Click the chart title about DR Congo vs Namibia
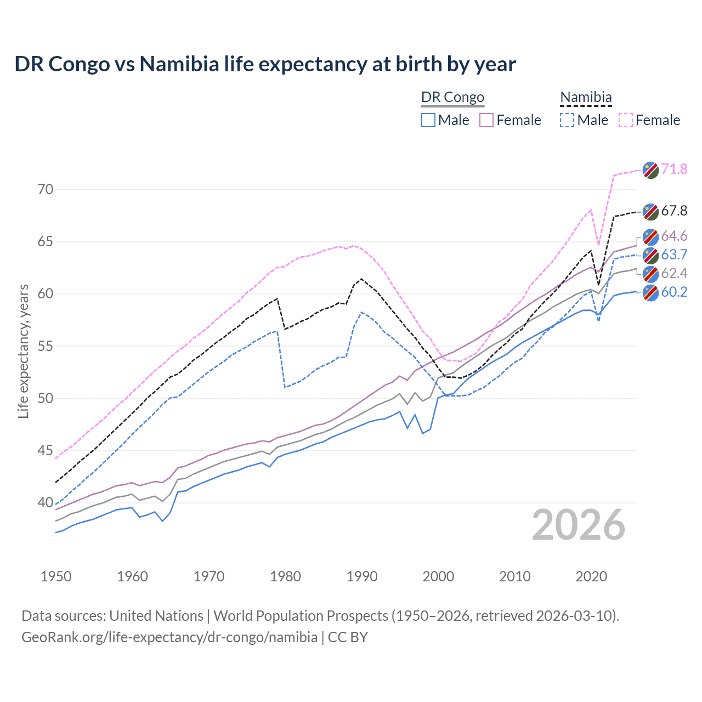click(x=265, y=64)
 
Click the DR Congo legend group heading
click(x=452, y=97)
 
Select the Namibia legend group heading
click(x=586, y=97)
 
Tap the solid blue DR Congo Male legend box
click(x=428, y=120)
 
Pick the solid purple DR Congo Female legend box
click(x=487, y=120)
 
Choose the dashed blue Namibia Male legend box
click(x=567, y=120)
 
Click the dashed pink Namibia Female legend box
click(x=626, y=120)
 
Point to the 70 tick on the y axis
click(x=46, y=190)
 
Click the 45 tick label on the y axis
click(x=46, y=451)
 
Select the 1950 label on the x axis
click(x=56, y=576)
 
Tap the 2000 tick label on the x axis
click(x=438, y=576)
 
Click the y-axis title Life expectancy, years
click(x=23, y=351)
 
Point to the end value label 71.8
click(x=674, y=169)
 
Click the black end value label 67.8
click(x=674, y=211)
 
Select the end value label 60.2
click(x=674, y=292)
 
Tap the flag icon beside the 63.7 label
click(x=650, y=255)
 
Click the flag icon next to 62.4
click(x=650, y=274)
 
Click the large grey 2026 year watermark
click(x=579, y=525)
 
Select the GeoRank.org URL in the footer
click(x=169, y=637)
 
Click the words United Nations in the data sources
click(x=156, y=616)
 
